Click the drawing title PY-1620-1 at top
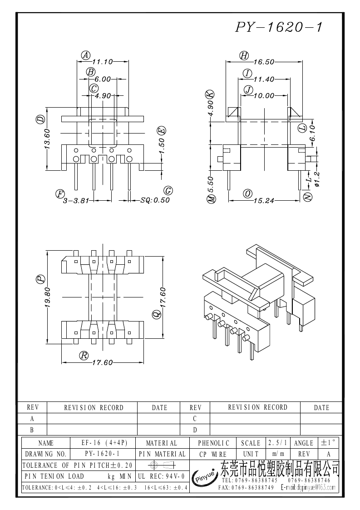click(x=279, y=27)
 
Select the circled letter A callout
click(x=85, y=55)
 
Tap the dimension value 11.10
click(x=103, y=62)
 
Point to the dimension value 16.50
click(x=264, y=62)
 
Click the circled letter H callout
click(x=244, y=55)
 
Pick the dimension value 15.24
click(x=264, y=201)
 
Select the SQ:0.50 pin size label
click(x=155, y=200)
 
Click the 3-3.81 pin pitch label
click(x=76, y=201)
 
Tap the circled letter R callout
click(x=84, y=356)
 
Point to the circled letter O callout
click(x=248, y=193)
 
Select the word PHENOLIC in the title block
click(x=214, y=443)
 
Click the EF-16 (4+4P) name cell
click(x=104, y=443)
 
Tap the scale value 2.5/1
click(x=277, y=443)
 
